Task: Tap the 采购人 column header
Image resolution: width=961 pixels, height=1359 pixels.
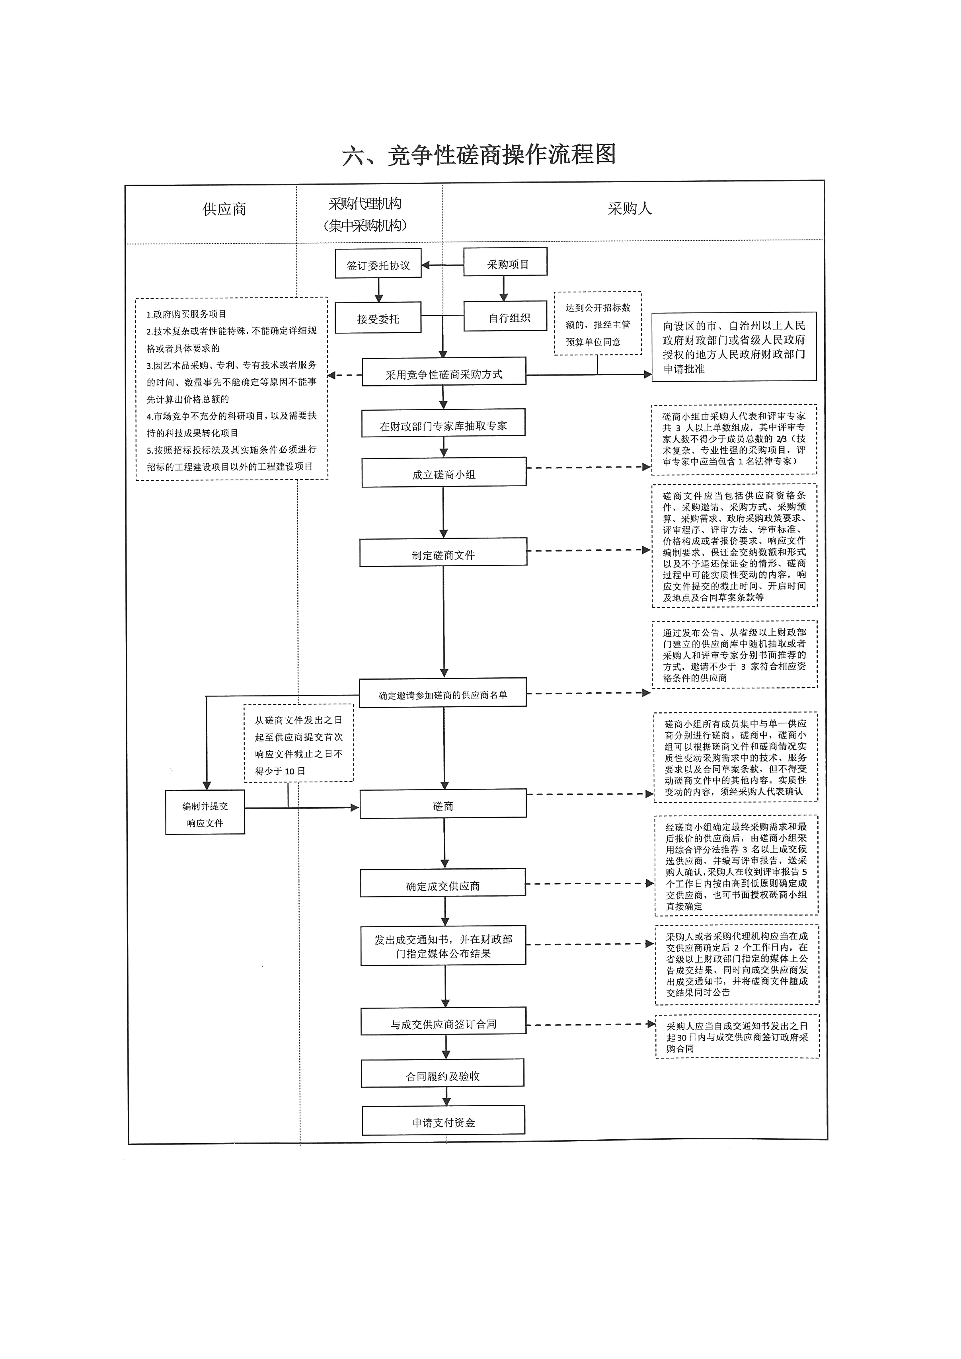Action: [629, 209]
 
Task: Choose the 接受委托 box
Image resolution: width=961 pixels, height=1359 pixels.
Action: [378, 318]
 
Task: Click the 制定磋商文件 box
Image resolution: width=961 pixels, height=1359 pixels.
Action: [443, 554]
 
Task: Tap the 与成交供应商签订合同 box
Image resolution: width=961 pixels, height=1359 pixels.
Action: [443, 1023]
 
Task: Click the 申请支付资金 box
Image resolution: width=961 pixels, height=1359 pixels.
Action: [443, 1121]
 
